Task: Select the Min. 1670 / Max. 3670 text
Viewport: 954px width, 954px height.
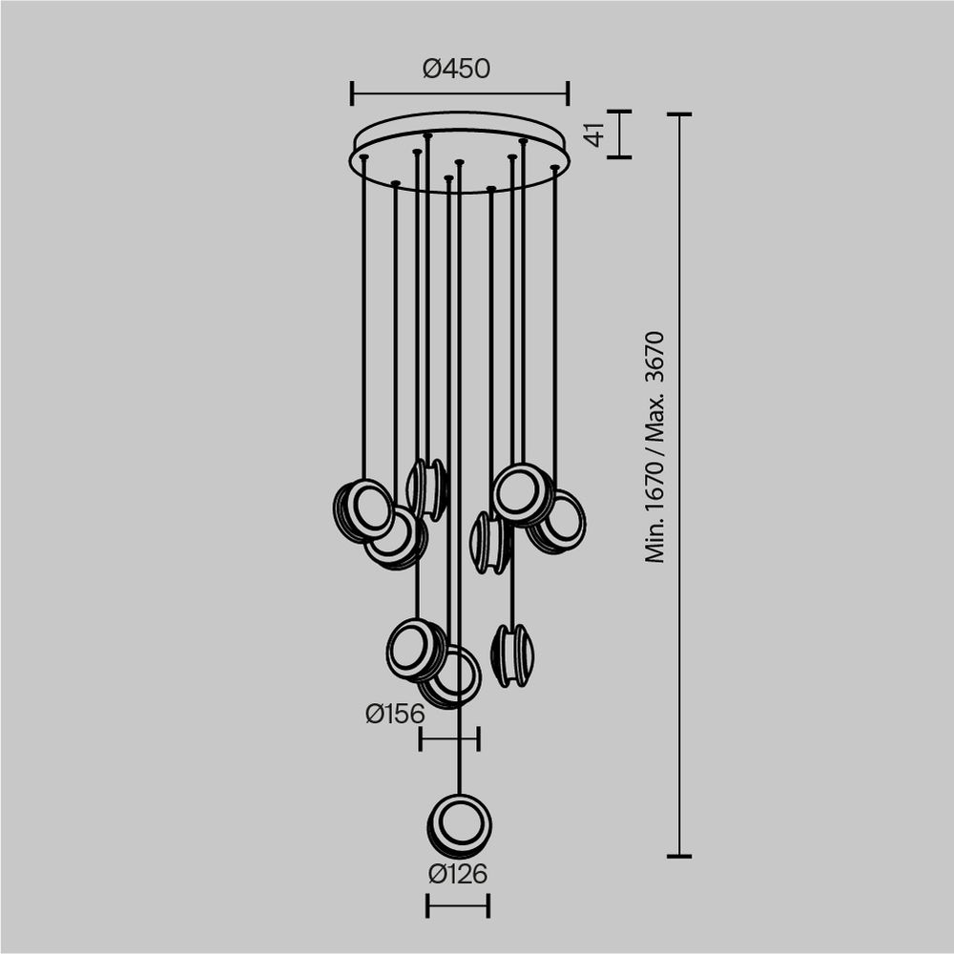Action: coord(654,446)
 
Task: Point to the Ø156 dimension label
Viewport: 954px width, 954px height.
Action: coord(394,713)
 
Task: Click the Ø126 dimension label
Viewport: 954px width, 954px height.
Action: coord(458,873)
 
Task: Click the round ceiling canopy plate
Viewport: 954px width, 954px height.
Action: coord(460,153)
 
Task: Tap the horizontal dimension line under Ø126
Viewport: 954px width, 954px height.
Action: coord(458,905)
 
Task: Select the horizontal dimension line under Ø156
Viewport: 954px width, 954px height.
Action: coord(449,737)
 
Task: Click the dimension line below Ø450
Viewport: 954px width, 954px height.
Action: coord(460,93)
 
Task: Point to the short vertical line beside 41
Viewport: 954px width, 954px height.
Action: coord(619,135)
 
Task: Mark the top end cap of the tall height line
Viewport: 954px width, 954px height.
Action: coord(679,114)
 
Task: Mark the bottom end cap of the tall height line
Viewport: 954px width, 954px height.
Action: coord(679,856)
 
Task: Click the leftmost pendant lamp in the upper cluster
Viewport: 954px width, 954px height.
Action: coord(363,510)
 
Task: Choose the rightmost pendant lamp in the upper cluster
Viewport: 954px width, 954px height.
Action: coord(559,522)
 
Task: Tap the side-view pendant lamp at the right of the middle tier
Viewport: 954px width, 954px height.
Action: coord(512,654)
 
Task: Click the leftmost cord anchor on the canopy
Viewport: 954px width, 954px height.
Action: coord(363,156)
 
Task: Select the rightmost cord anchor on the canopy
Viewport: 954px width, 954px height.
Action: coord(554,168)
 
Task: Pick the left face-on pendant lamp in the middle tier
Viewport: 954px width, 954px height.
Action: coord(416,650)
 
